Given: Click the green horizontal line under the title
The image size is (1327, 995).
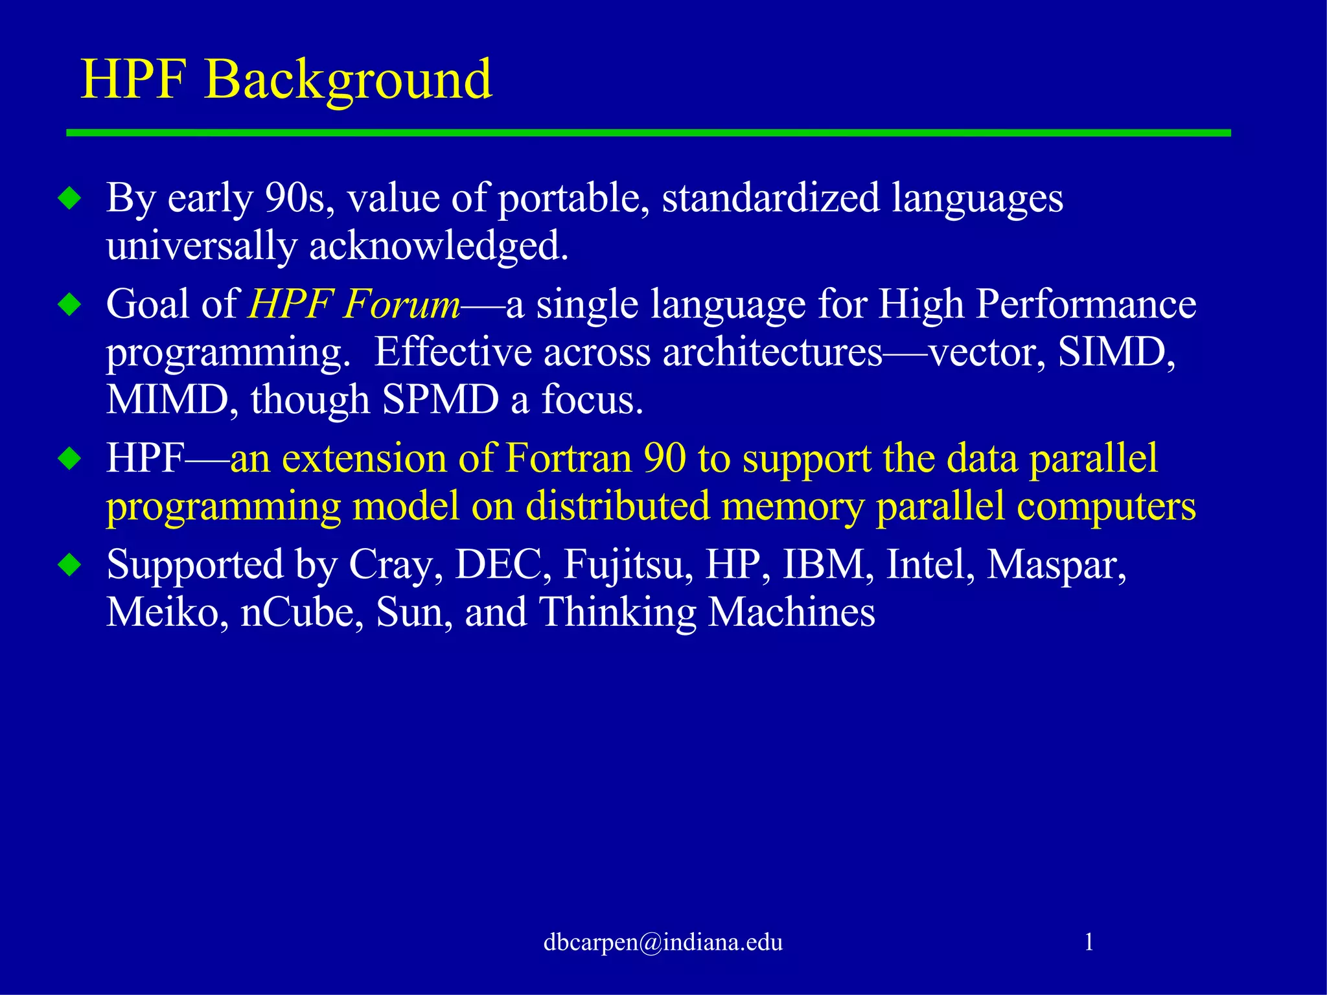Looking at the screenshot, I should click(x=648, y=133).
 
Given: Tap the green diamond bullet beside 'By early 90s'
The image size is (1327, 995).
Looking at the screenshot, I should click(x=70, y=198).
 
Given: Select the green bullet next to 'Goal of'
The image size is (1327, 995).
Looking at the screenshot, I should click(x=70, y=304).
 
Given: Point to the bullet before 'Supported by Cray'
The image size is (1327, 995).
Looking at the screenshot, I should click(x=70, y=565).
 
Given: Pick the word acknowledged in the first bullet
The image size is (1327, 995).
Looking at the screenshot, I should click(x=439, y=246).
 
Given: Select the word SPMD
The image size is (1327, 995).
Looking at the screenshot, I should click(x=441, y=400).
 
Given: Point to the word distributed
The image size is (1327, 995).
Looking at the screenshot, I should click(x=617, y=506).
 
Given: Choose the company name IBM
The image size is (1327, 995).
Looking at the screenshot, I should click(x=824, y=565).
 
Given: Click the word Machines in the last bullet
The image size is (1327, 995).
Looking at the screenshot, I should click(x=791, y=612).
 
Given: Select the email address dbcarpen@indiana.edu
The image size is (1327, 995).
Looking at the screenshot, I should click(x=663, y=942).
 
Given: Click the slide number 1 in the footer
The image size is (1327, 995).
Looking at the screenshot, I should click(x=1089, y=942).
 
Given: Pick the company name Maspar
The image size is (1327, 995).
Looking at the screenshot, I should click(x=1056, y=565).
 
